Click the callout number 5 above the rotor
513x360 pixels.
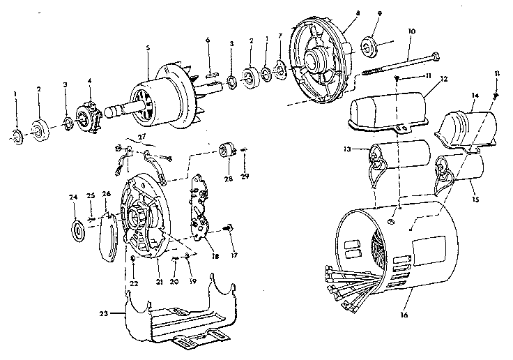click(148, 49)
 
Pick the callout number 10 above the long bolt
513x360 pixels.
click(411, 31)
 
